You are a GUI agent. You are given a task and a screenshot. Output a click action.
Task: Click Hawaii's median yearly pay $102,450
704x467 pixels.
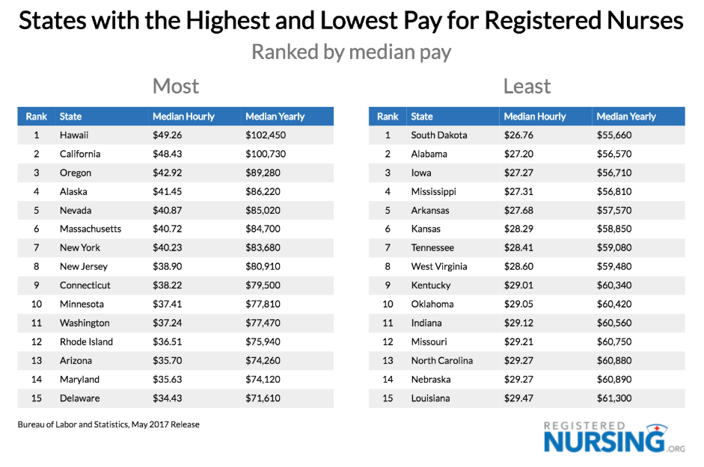point(266,135)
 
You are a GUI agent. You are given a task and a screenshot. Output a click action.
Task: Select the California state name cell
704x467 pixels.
point(80,154)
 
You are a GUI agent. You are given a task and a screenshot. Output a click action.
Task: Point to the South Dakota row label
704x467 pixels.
point(439,135)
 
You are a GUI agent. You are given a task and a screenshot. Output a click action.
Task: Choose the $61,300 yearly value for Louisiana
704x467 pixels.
point(614,398)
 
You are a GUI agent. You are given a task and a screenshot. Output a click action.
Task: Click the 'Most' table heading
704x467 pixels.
point(176,87)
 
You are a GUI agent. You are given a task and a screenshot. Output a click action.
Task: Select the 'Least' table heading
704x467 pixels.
point(527,87)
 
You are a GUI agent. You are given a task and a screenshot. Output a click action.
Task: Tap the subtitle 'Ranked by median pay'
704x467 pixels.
point(352,52)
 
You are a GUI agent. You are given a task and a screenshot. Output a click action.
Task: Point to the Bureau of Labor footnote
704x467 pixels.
point(108,424)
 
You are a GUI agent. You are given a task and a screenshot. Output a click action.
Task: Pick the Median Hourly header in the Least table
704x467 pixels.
point(535,117)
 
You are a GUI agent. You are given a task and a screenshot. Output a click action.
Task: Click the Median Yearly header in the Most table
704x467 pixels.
point(275,117)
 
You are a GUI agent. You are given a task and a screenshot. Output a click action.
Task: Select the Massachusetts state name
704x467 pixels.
point(91,229)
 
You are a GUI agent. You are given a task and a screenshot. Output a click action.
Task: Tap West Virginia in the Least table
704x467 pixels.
point(439,267)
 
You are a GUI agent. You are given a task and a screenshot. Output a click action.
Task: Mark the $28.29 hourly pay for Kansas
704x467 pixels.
point(519,229)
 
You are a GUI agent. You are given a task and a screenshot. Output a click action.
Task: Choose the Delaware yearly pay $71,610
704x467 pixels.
point(263,398)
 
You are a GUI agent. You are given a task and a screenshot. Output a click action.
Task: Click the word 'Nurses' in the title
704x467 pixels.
point(638,20)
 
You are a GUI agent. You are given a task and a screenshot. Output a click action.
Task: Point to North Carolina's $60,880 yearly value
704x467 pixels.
point(615,360)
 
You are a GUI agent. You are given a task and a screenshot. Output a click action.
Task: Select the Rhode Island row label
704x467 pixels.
point(87,341)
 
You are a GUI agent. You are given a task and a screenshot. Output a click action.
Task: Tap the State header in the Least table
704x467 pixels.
point(422,117)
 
